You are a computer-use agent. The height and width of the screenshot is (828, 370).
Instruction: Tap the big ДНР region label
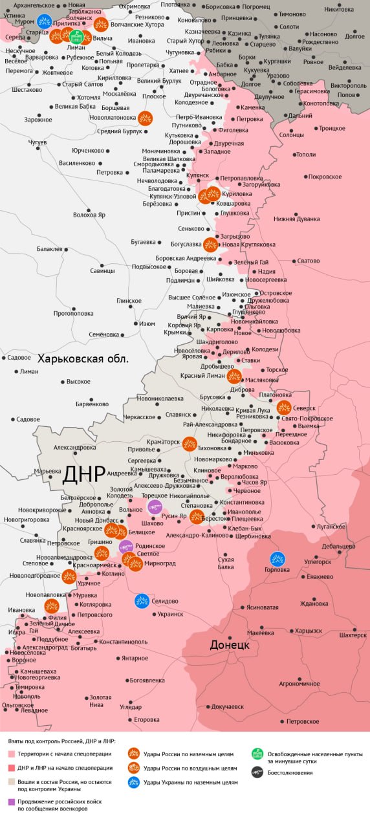click(83, 474)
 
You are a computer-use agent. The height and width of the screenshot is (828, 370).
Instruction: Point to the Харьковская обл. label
click(83, 358)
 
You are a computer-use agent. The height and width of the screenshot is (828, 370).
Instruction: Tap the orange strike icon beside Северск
click(283, 408)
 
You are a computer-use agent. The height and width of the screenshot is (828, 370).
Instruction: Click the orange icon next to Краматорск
click(190, 443)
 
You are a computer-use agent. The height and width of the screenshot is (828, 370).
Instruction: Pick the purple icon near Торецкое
click(154, 507)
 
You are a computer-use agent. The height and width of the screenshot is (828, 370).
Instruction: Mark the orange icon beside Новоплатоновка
click(146, 118)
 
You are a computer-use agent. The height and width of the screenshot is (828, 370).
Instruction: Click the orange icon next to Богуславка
click(210, 245)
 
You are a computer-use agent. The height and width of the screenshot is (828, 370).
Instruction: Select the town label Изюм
click(147, 323)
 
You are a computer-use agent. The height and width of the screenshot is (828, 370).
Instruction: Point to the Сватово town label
click(309, 261)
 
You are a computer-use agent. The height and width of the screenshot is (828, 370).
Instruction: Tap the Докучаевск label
click(227, 706)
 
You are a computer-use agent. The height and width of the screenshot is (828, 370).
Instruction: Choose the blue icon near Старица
click(45, 21)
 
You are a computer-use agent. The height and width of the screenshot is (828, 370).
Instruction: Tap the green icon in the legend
click(257, 754)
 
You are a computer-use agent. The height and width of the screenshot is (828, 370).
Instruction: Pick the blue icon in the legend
click(134, 782)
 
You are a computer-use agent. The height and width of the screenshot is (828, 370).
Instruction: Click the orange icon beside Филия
click(52, 605)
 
